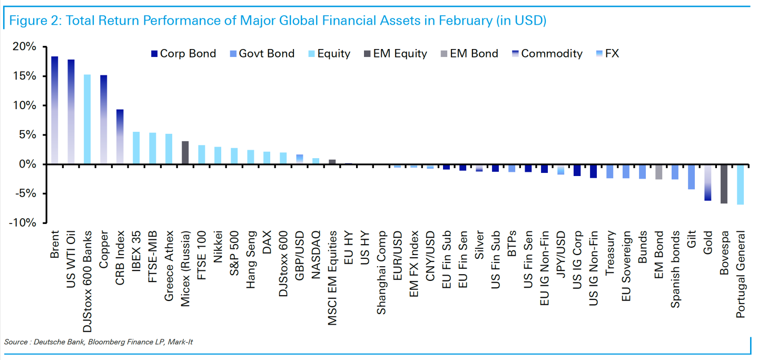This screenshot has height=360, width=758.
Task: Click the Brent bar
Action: (x=54, y=110)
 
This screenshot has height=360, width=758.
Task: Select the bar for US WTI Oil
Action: (x=71, y=112)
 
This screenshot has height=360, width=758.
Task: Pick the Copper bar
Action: (x=104, y=120)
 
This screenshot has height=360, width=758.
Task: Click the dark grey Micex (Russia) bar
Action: (x=185, y=153)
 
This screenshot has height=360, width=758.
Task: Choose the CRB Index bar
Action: (x=120, y=137)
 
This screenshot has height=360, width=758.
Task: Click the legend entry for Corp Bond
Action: (x=183, y=54)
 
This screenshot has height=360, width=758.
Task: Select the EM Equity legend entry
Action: (x=395, y=54)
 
